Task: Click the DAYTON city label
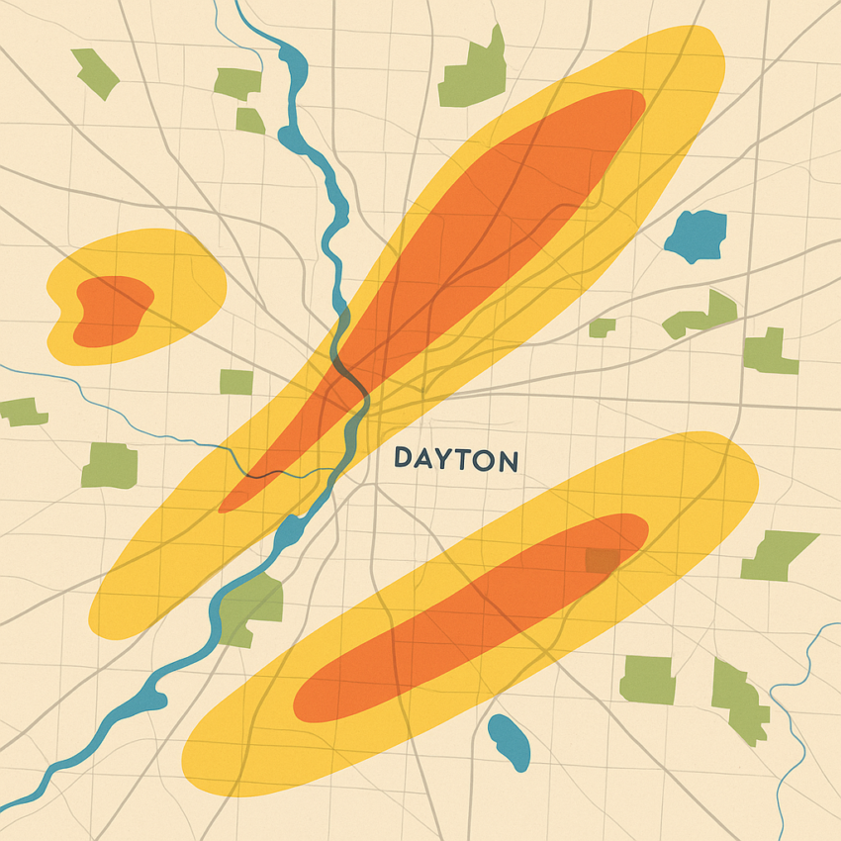tap(456, 459)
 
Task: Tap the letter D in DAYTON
tap(403, 458)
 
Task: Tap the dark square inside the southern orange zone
tap(601, 561)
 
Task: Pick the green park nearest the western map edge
tap(23, 411)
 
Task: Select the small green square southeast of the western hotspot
tap(235, 382)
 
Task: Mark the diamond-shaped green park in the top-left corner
tap(94, 72)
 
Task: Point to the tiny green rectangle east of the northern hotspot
tap(602, 327)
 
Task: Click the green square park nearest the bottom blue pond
tap(646, 680)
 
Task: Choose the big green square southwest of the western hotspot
tap(110, 465)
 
